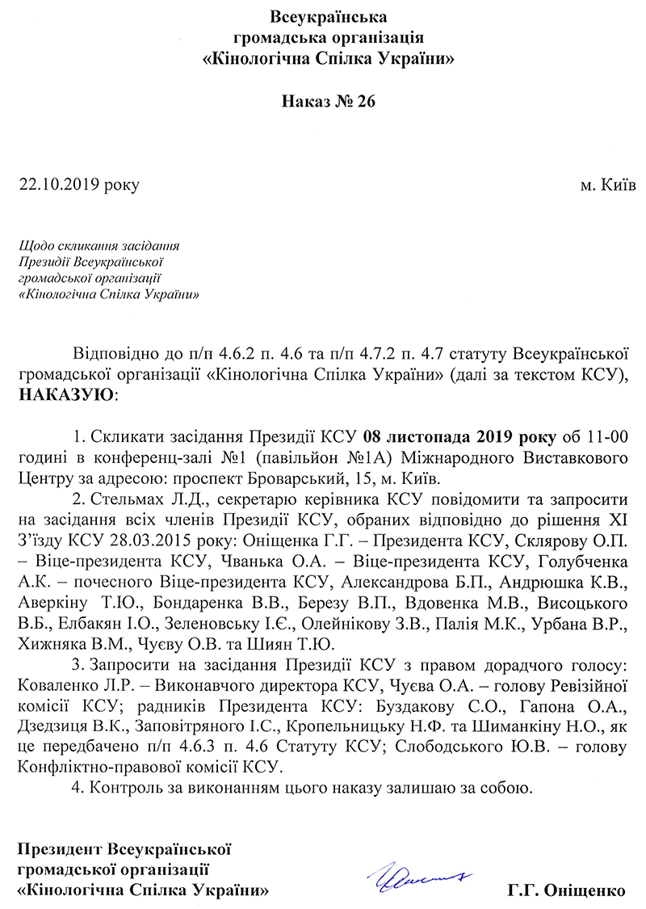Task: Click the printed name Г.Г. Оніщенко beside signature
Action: [x=567, y=890]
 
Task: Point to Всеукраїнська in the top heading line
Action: [x=328, y=17]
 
